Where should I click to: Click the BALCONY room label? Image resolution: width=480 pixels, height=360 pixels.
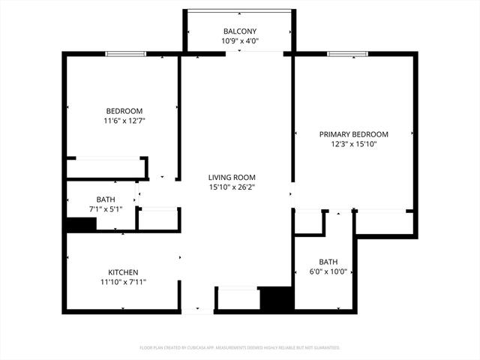[x=240, y=31]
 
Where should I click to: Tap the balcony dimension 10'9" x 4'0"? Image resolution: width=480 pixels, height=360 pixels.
[x=240, y=41]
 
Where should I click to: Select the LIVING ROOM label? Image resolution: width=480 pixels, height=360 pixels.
[x=232, y=177]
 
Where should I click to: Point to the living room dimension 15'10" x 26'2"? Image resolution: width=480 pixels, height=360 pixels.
[x=232, y=187]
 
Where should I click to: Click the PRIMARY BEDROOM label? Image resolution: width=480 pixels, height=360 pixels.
[x=353, y=134]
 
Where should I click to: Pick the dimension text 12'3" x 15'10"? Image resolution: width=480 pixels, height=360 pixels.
[x=353, y=144]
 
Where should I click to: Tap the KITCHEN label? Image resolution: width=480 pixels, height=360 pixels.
[x=123, y=272]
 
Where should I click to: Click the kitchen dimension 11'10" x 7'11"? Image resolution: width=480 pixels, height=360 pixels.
[x=123, y=282]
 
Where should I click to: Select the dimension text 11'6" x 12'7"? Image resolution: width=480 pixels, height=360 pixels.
[x=124, y=121]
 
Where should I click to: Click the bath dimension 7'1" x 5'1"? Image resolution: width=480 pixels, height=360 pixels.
[x=106, y=209]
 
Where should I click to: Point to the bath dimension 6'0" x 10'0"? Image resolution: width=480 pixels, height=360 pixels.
[x=328, y=271]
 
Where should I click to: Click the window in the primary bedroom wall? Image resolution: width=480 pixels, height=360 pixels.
[x=347, y=54]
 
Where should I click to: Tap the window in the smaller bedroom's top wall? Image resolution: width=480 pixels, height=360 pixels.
[x=125, y=54]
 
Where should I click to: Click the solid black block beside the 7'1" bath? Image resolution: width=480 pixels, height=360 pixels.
[x=81, y=224]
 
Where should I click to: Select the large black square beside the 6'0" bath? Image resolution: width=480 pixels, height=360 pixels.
[x=277, y=298]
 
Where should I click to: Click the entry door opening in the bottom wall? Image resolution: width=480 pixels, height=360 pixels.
[x=197, y=312]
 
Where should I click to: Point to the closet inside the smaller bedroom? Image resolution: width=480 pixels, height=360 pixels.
[x=106, y=168]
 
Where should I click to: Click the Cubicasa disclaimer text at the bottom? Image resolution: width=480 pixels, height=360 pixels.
[x=240, y=348]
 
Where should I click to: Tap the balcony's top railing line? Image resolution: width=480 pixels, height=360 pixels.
[x=239, y=11]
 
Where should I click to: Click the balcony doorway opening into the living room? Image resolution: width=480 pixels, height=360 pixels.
[x=255, y=54]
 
